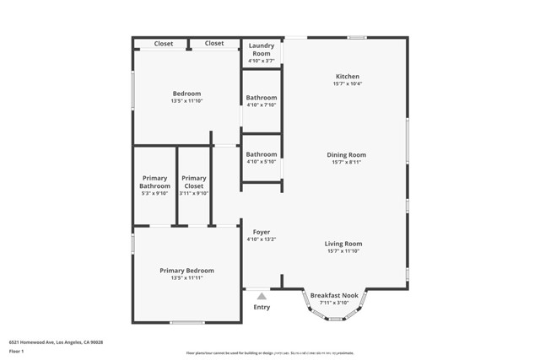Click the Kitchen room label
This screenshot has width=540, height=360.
pyautogui.click(x=347, y=77)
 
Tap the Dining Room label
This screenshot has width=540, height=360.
pyautogui.click(x=347, y=154)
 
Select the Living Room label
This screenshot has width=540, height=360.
pyautogui.click(x=343, y=244)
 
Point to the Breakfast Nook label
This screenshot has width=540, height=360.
pyautogui.click(x=334, y=295)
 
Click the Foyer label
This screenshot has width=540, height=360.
pyautogui.click(x=262, y=232)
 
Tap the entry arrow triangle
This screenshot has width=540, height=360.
pyautogui.click(x=262, y=296)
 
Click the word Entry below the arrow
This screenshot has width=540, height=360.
pyautogui.click(x=262, y=307)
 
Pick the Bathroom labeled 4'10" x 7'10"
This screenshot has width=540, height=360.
pyautogui.click(x=262, y=98)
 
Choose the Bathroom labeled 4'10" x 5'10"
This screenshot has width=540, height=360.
pyautogui.click(x=262, y=154)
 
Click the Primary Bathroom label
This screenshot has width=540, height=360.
pyautogui.click(x=154, y=182)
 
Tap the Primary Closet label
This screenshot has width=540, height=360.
pyautogui.click(x=193, y=182)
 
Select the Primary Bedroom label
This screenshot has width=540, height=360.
pyautogui.click(x=186, y=271)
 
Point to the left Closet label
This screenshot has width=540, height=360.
pyautogui.click(x=164, y=43)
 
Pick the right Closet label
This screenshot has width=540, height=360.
pyautogui.click(x=214, y=43)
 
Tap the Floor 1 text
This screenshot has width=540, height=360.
pyautogui.click(x=16, y=351)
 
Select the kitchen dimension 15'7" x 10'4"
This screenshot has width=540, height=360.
pyautogui.click(x=347, y=83)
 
